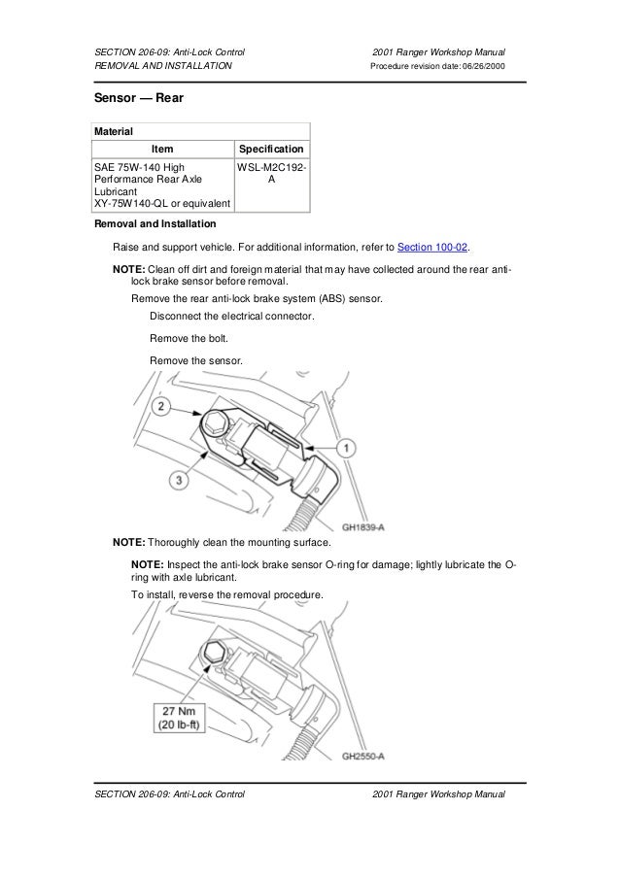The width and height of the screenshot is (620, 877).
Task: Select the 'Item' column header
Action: click(x=162, y=149)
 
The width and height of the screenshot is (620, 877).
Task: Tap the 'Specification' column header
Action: click(x=272, y=149)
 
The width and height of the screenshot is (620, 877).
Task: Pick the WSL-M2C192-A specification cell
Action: click(x=272, y=174)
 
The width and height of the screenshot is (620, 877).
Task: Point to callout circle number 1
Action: click(x=346, y=447)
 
